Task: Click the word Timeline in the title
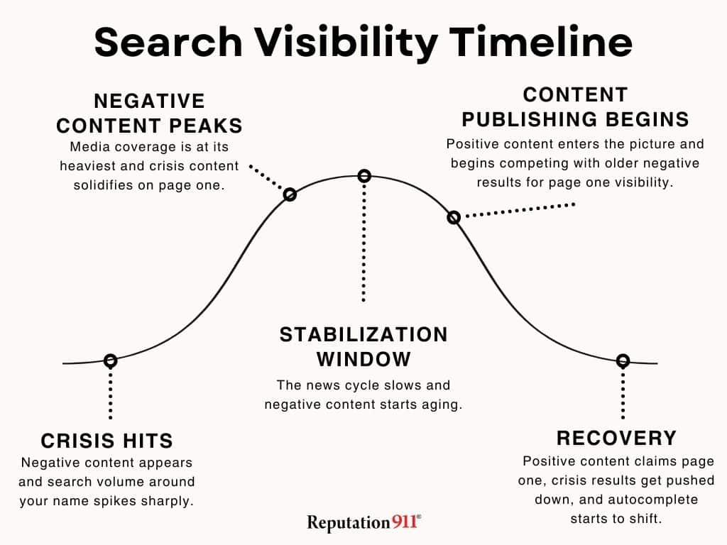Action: pos(540,43)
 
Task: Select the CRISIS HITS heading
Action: pos(107,441)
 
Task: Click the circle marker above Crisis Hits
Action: pos(110,360)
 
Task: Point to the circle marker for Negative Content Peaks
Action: pos(290,194)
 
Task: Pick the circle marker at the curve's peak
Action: pos(364,175)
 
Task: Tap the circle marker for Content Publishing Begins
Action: pos(454,217)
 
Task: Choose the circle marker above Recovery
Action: pos(623,360)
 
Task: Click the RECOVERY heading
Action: pos(616,438)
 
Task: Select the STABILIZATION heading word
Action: pos(363,334)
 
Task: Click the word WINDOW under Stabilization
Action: pos(363,359)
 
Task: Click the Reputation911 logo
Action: pos(363,523)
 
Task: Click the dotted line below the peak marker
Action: pos(364,241)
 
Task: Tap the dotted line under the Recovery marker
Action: pos(623,394)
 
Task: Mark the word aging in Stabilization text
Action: pos(444,404)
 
